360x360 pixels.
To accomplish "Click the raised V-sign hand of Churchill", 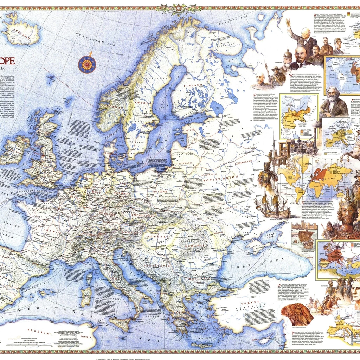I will click(288, 22).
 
